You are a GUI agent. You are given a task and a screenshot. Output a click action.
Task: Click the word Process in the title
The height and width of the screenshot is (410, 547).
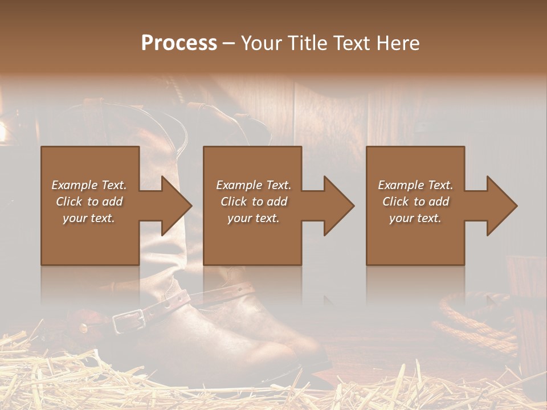click(x=179, y=43)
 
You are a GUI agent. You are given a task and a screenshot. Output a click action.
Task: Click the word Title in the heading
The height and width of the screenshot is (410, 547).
click(x=307, y=43)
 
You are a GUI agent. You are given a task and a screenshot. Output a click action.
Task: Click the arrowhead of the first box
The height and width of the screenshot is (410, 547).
click(x=174, y=206)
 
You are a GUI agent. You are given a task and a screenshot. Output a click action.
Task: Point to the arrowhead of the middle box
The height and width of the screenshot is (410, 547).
click(x=337, y=206)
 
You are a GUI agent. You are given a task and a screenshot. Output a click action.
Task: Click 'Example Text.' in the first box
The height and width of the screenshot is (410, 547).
click(x=89, y=185)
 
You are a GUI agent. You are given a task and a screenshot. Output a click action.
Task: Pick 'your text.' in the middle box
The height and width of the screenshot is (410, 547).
click(x=253, y=218)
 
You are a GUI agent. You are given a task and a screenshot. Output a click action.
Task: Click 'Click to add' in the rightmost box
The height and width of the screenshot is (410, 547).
click(x=415, y=202)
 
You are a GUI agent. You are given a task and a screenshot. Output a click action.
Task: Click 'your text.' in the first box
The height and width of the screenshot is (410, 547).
click(x=89, y=218)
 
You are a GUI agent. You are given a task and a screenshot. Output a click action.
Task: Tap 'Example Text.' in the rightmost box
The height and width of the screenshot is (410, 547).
click(x=415, y=185)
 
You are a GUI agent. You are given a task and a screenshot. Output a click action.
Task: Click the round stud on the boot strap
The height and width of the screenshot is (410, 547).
click(x=84, y=328)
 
